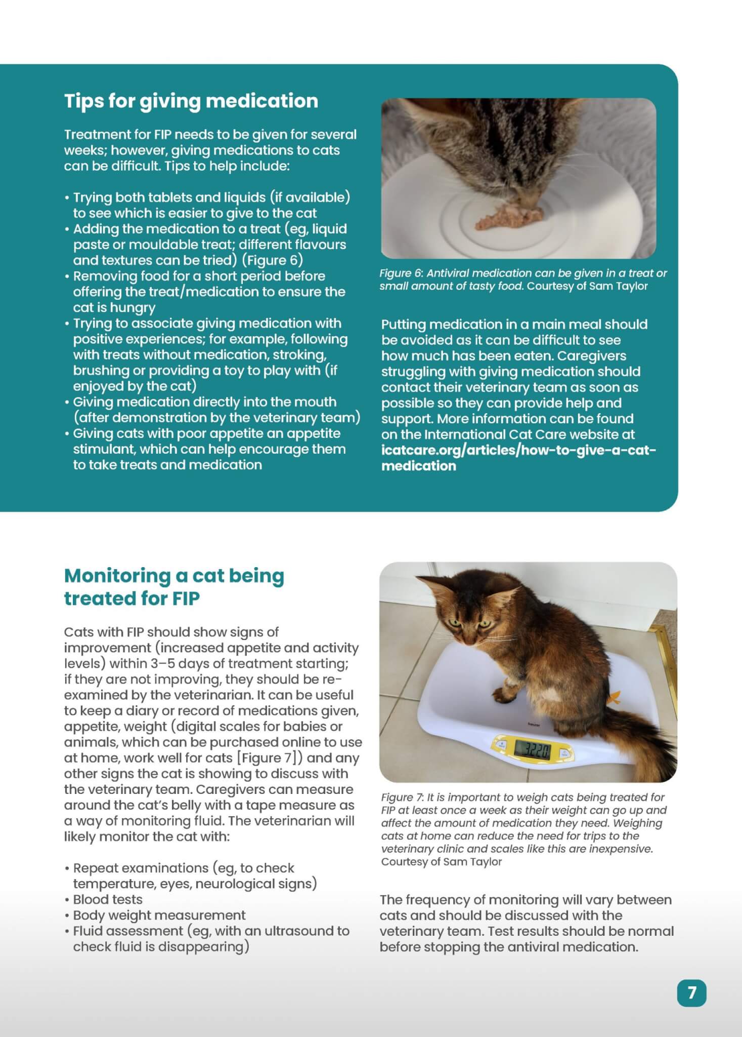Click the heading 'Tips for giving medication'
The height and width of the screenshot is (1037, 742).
(x=191, y=101)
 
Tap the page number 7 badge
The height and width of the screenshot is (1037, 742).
(x=691, y=992)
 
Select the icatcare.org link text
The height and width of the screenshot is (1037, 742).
(x=518, y=457)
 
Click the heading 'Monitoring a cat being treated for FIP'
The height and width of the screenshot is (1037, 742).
(x=174, y=586)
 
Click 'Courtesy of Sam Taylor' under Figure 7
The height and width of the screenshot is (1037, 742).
(x=441, y=862)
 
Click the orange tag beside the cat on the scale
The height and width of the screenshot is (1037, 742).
(x=613, y=698)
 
